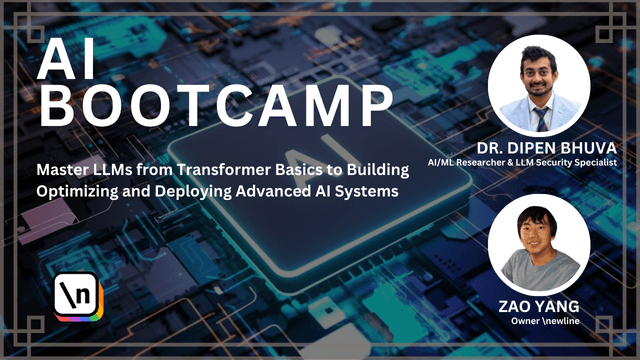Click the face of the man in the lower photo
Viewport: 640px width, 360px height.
[x=542, y=236]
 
